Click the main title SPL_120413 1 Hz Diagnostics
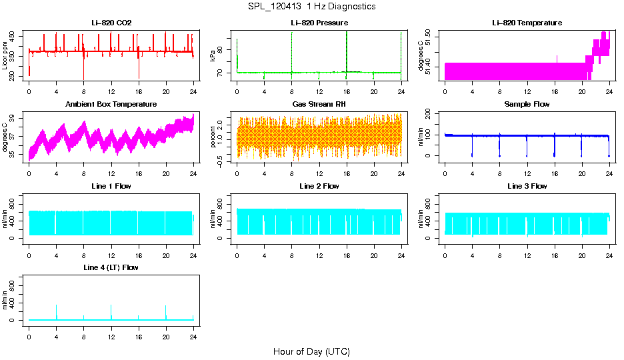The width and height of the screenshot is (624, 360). [x=311, y=7]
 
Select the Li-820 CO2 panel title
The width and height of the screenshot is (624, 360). [x=111, y=23]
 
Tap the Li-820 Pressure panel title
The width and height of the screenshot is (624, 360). [x=319, y=23]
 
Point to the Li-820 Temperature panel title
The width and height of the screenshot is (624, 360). [x=527, y=23]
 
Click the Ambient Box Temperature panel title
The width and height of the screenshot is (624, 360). [x=111, y=105]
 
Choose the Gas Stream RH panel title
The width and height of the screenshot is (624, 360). [x=319, y=105]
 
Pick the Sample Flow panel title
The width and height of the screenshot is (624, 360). [x=527, y=105]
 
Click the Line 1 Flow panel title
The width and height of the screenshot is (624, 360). [x=111, y=186]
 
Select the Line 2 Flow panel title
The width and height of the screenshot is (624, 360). [x=319, y=186]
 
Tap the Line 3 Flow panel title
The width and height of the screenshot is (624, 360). [x=527, y=186]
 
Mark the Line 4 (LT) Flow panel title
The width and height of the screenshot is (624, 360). [x=111, y=267]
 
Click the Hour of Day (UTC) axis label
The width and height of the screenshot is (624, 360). [x=311, y=351]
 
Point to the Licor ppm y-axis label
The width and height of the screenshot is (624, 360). [x=5, y=55]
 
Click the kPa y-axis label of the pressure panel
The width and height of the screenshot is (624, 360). [x=213, y=56]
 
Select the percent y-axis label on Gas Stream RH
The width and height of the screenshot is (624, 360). [x=213, y=137]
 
